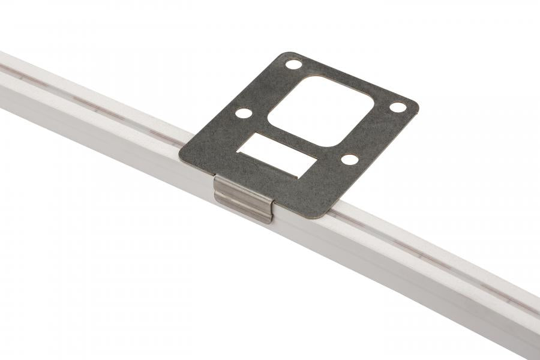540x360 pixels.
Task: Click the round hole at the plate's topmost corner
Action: coord(293,64)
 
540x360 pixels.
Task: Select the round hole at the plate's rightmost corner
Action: coord(398,107)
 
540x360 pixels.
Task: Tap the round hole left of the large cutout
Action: coord(243,113)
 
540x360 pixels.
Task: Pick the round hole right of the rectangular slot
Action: coord(349,160)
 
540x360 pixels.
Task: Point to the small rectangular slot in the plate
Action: coord(277,154)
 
